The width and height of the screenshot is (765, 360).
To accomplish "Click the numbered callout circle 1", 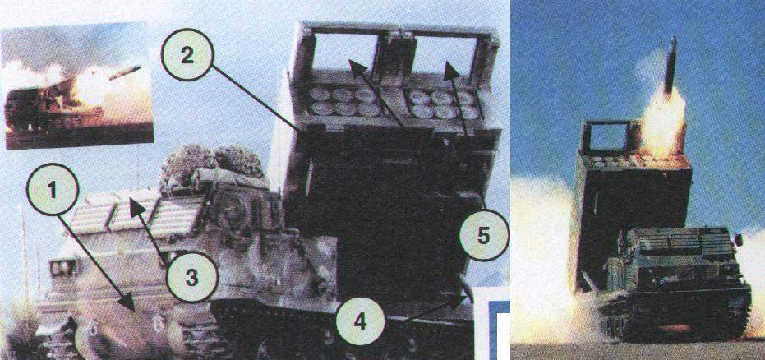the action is [x=53, y=189].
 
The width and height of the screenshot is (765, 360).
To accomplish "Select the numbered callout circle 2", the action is [x=187, y=54].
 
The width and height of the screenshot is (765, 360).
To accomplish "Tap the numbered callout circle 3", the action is [x=191, y=277].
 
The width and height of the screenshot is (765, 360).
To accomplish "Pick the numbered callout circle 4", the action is [x=360, y=322].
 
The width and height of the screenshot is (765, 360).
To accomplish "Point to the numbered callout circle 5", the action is [x=483, y=236].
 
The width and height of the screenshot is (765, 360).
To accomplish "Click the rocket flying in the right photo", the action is [x=671, y=65].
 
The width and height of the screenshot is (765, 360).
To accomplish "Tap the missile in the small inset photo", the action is [x=125, y=72].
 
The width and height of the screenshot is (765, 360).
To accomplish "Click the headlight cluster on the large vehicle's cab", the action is [x=62, y=267].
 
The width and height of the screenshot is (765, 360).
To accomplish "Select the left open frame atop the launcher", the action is [x=345, y=50].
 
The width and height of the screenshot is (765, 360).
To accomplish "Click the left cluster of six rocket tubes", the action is [x=344, y=102].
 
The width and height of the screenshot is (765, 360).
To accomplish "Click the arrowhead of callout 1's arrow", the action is [x=128, y=302].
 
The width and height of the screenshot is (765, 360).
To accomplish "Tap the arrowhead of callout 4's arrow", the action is [x=459, y=298].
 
